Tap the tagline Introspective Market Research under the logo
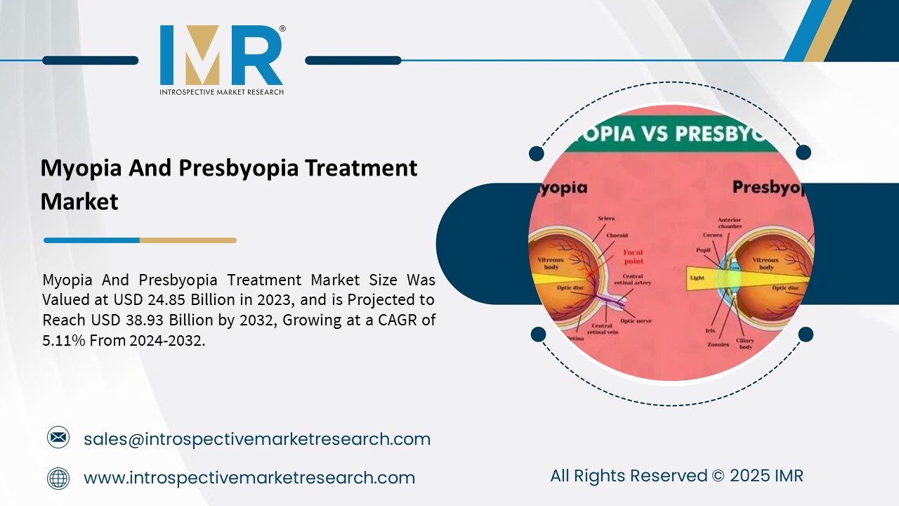(221, 92)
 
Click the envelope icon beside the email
(58, 439)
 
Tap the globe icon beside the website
(58, 478)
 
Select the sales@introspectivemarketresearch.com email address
(257, 439)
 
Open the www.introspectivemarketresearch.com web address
(249, 478)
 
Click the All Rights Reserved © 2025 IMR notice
(676, 476)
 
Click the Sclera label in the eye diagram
(606, 219)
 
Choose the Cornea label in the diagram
(713, 235)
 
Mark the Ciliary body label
(745, 344)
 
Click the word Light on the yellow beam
(697, 278)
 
